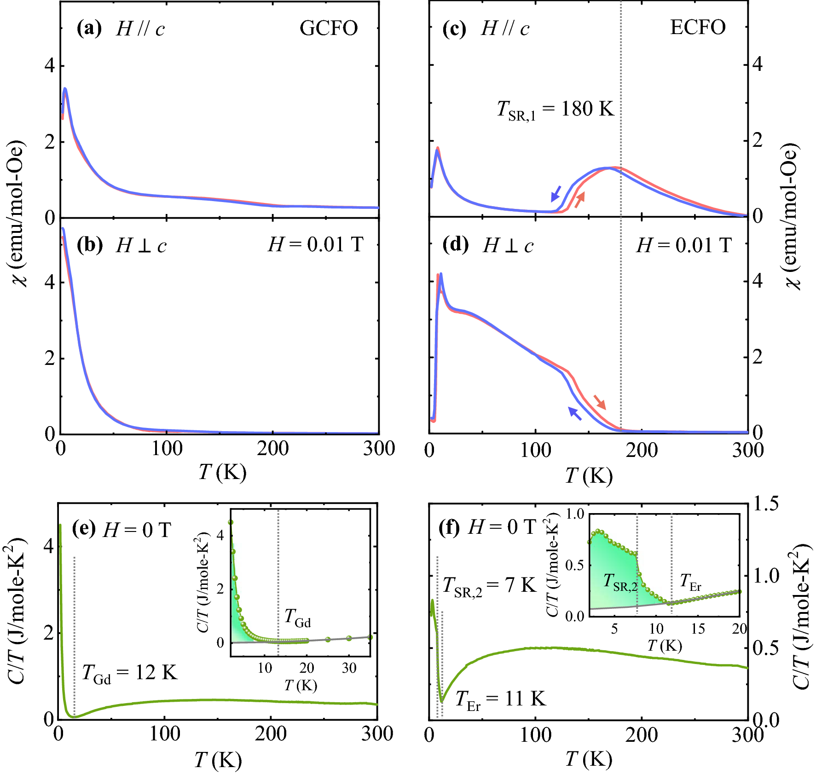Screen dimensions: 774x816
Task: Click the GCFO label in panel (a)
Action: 329,29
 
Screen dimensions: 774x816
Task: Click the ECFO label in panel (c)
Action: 698,28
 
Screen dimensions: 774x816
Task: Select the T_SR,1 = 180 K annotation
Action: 556,110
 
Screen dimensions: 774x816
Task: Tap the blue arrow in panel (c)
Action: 556,194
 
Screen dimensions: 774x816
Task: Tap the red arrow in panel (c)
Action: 579,200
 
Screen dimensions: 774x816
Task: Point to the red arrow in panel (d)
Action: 600,402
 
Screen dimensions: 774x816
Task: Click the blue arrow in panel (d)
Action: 575,413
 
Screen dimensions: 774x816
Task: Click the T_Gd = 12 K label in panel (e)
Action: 130,674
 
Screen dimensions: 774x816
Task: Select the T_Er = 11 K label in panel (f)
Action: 500,700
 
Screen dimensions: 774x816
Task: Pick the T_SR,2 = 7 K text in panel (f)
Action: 489,586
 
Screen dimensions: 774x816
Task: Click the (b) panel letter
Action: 90,245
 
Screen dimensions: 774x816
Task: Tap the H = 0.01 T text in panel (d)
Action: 683,245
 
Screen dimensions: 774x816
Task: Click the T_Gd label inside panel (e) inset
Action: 297,618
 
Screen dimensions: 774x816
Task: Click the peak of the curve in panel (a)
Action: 65,89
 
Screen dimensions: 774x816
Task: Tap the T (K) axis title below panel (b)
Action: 222,472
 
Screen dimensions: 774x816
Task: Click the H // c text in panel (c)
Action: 505,29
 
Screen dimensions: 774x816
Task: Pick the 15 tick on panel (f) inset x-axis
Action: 698,629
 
